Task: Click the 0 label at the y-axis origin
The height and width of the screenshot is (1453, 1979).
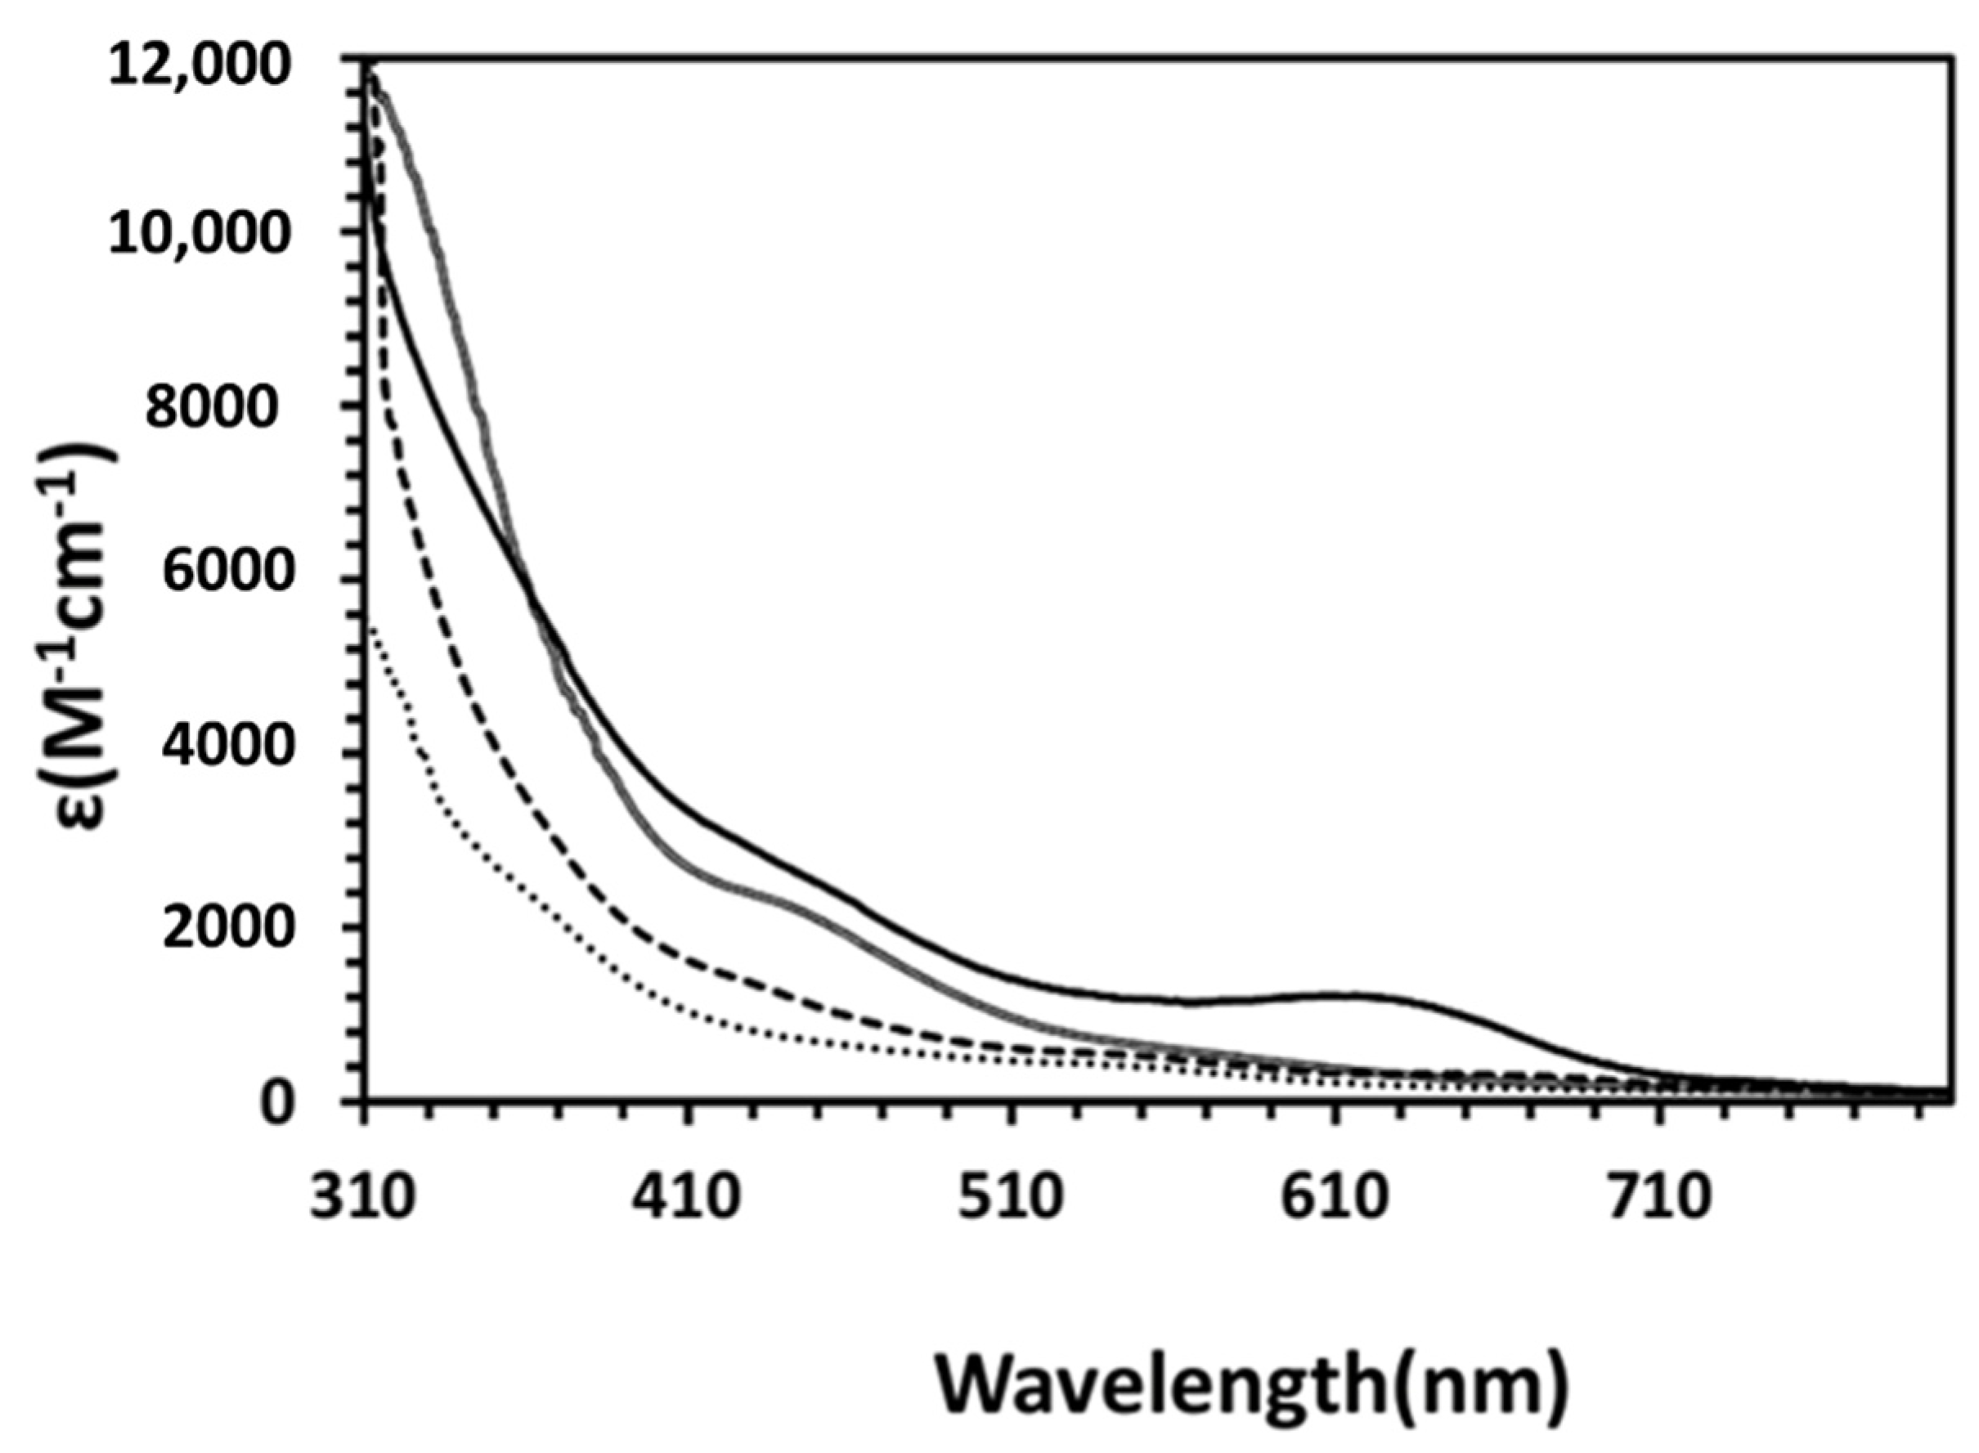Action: pos(278,1102)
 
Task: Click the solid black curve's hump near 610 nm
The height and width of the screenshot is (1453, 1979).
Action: pos(1346,996)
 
